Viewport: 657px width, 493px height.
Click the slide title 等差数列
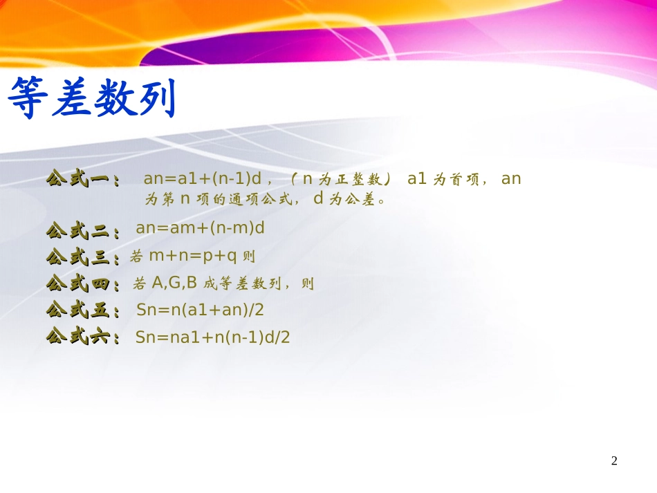[x=91, y=98]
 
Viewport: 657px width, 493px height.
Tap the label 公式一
[x=78, y=179]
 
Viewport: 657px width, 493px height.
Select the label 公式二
[x=78, y=229]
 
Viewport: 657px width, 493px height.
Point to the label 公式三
[x=78, y=257]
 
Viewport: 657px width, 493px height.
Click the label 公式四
[x=78, y=283]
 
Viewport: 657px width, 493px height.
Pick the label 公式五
[x=78, y=310]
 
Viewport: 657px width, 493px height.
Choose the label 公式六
[x=78, y=337]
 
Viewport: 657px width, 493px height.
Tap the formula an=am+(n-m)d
[x=201, y=228]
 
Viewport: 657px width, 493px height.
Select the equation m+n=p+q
[x=193, y=257]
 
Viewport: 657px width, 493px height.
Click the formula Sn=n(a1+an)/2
[x=200, y=310]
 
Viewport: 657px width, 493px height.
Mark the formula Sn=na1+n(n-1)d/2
[x=212, y=337]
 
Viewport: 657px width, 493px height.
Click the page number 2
[x=614, y=461]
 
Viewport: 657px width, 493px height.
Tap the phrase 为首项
[x=456, y=179]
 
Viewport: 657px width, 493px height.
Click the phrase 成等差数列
[x=243, y=283]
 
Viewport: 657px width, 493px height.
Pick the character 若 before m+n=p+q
[x=136, y=257]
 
